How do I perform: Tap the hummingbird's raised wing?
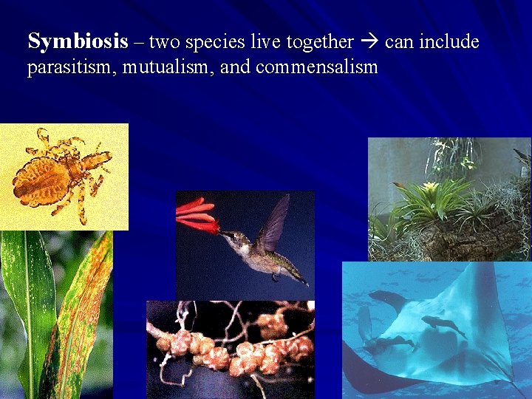pyautogui.click(x=275, y=222)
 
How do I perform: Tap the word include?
pyautogui.click(x=451, y=42)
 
